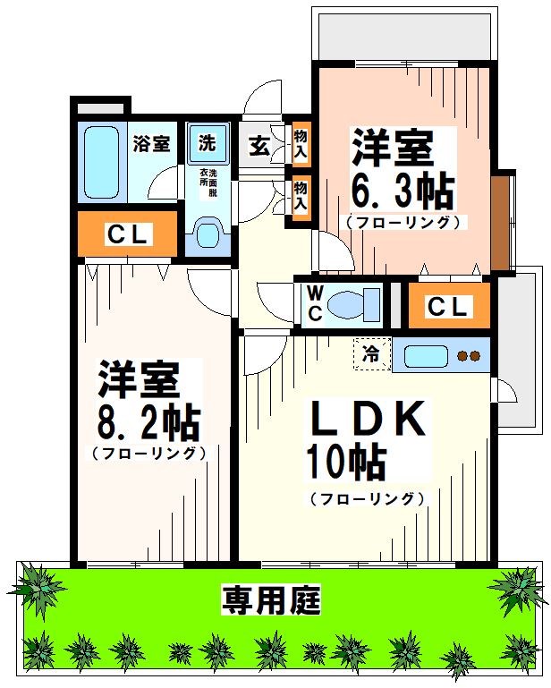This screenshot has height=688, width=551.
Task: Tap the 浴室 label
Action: tap(151, 142)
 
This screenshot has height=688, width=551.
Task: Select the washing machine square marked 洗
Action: tap(208, 142)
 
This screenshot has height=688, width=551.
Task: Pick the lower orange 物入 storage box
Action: tap(301, 194)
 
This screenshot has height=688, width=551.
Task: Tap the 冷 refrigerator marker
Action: tap(372, 354)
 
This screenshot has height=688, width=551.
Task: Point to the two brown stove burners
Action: tap(470, 355)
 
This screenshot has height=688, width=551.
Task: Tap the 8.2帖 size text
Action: tap(148, 420)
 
